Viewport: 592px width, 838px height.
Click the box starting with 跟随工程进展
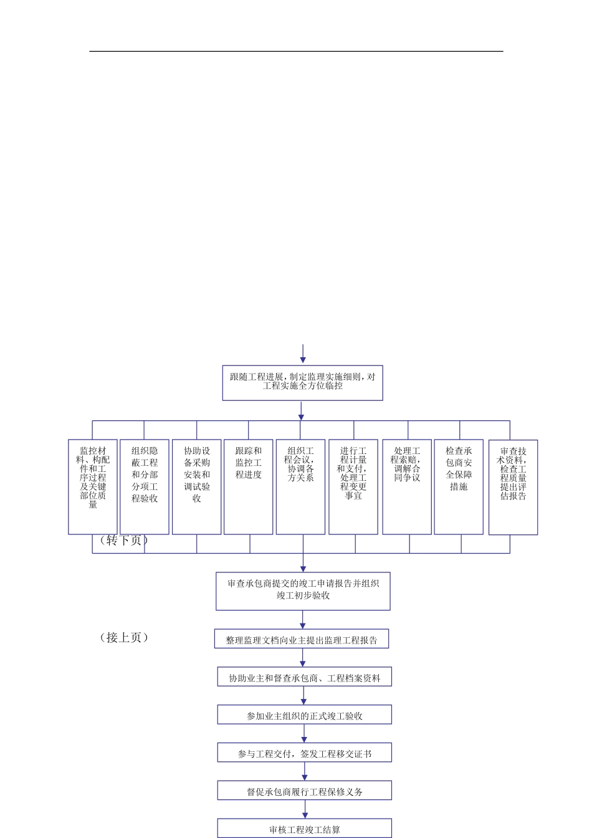(302, 382)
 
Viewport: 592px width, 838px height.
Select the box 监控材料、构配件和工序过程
(93, 486)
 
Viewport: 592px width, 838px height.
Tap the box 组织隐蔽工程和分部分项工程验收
(145, 486)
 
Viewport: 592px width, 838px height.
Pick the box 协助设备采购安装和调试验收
(196, 486)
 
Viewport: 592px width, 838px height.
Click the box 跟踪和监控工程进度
(248, 486)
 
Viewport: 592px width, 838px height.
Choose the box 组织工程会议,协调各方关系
(300, 486)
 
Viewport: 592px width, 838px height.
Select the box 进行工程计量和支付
(353, 486)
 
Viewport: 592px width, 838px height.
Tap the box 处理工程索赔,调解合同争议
(407, 486)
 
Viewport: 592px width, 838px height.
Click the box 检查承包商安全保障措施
(459, 486)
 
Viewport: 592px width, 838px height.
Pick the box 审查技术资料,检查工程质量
(513, 487)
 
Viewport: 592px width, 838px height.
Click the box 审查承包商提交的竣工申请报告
(303, 590)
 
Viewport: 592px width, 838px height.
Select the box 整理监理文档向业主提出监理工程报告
(302, 639)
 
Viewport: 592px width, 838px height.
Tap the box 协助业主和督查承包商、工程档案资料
(304, 677)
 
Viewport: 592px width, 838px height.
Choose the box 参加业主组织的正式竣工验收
(304, 715)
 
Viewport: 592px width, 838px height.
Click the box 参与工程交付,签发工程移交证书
(304, 753)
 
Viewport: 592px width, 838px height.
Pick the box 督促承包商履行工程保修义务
(304, 791)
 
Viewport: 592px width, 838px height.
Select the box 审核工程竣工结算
(304, 828)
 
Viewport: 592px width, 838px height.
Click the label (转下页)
(124, 540)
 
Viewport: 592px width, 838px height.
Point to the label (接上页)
(124, 637)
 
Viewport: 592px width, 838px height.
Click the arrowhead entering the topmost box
(303, 360)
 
